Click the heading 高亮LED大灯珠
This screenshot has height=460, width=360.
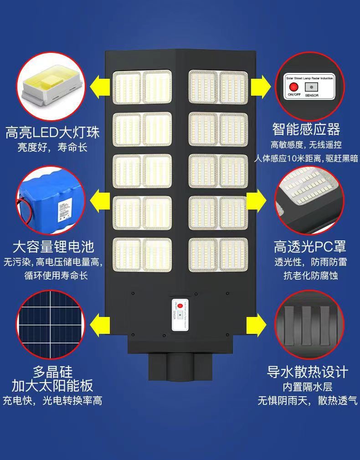52,133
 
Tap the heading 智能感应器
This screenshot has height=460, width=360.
306,129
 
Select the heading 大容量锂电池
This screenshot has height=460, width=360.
53,247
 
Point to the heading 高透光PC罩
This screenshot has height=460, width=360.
310,247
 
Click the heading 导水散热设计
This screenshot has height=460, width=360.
308,372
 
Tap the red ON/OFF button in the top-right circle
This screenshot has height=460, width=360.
292,87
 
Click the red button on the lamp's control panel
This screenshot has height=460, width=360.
180,306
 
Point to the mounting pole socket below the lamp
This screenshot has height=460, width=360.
180,367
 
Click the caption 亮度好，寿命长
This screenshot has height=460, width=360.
52,147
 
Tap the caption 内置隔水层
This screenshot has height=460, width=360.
307,387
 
